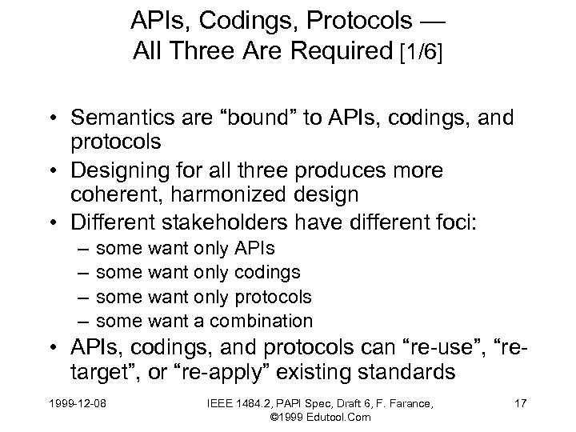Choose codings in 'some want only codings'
(266, 274)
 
